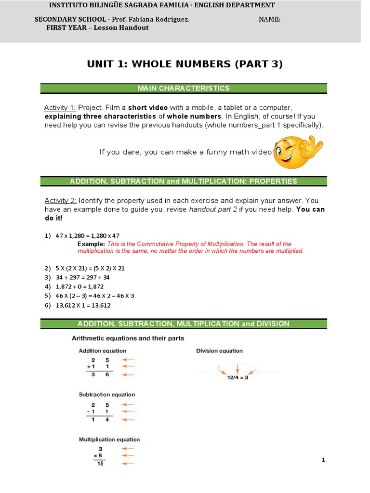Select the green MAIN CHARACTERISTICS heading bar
point(184,88)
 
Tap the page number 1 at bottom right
point(324,460)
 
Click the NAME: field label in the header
point(269,19)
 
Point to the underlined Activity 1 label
point(60,107)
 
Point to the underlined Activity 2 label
point(60,200)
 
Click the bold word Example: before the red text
point(91,244)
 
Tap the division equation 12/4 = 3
point(238,378)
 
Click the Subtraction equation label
point(107,395)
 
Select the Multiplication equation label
point(109,439)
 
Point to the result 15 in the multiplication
point(100,464)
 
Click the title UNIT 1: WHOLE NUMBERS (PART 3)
point(185,64)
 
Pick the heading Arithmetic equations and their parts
point(128,338)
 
